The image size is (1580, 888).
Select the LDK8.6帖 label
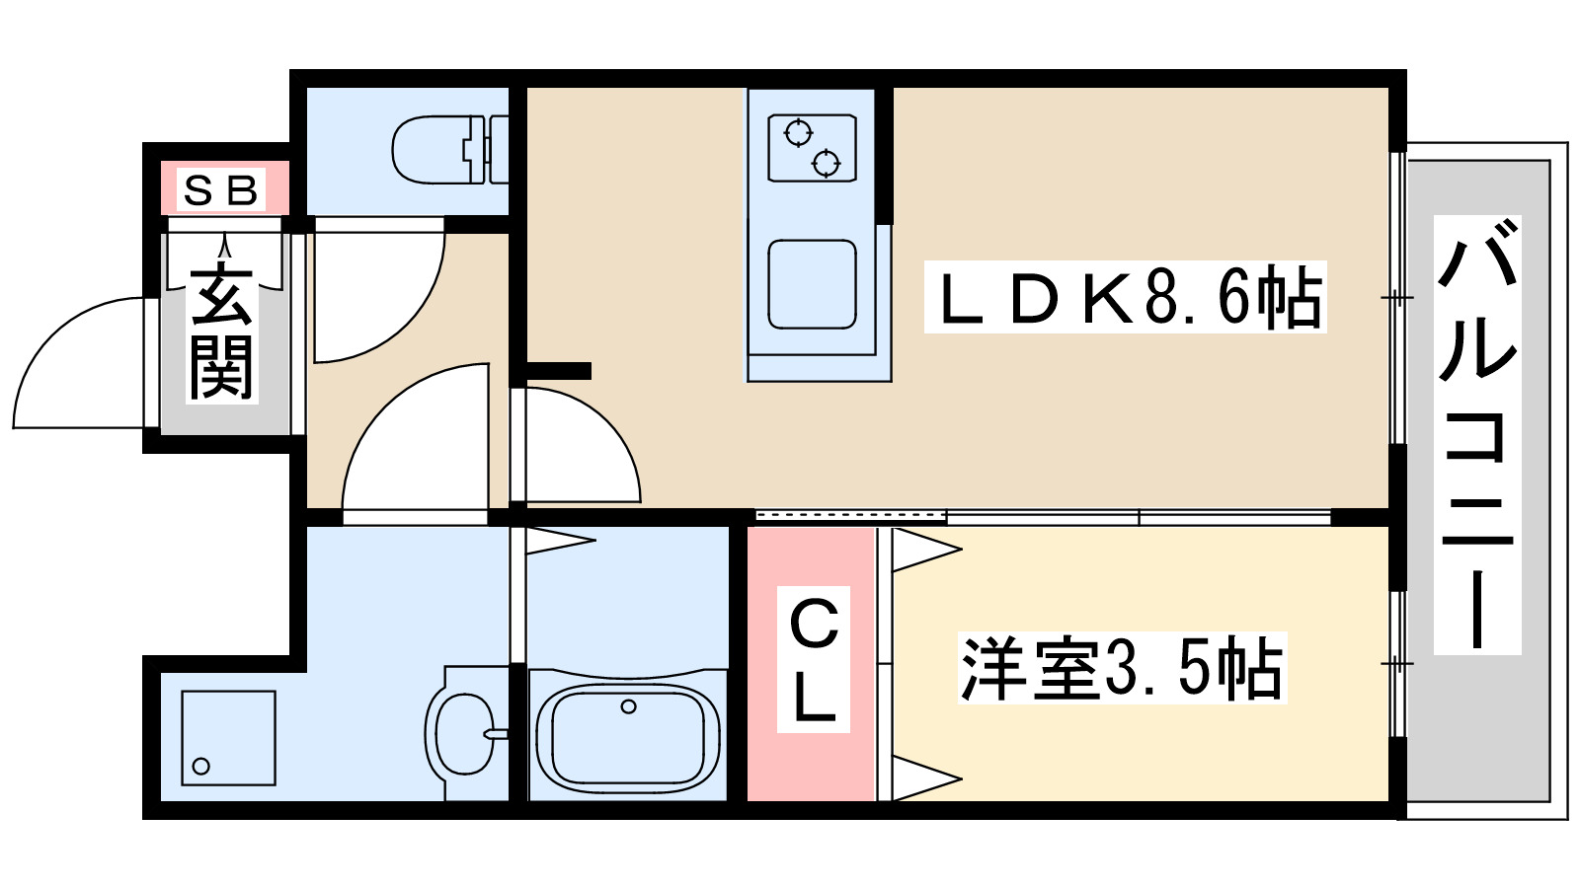1126,297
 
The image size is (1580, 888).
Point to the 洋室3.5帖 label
1122,668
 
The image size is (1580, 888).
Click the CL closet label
814,660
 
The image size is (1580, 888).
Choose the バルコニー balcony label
1477,434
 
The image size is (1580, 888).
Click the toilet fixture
444,150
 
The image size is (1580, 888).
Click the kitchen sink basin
812,284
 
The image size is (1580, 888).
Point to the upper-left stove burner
797,132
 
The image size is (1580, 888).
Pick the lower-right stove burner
827,163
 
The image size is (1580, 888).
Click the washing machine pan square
228,738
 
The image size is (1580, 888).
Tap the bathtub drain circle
628,706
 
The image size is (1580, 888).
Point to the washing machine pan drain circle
201,766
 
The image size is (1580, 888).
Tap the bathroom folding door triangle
559,540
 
